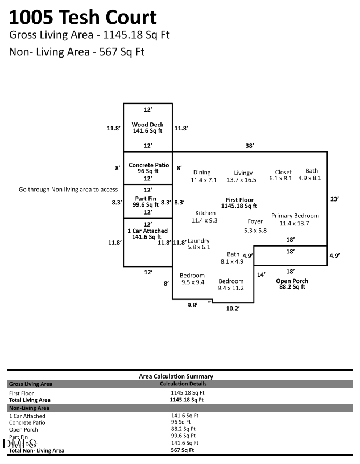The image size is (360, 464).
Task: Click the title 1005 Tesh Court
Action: point(83,17)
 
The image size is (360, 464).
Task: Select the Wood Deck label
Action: point(147,125)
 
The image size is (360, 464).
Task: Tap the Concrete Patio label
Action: point(147,165)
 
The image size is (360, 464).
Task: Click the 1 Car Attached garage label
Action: point(147,231)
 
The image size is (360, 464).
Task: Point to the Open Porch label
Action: point(291,281)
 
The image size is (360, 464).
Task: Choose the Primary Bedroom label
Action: point(295,216)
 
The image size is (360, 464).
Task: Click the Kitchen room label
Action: point(205,213)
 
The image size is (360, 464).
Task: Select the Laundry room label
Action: point(199,241)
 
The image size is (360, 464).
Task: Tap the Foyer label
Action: point(255,221)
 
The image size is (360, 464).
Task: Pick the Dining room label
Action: point(202,173)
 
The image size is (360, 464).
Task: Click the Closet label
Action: point(283,172)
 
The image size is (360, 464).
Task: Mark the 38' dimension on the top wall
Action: point(249,146)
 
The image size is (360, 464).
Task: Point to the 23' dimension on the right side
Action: point(335,199)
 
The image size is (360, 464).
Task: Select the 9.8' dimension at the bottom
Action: point(193,305)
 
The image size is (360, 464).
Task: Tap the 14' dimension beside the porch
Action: point(261,274)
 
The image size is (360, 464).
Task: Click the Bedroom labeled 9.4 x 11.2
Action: point(231,281)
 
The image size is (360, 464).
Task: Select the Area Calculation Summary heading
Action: point(176,376)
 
